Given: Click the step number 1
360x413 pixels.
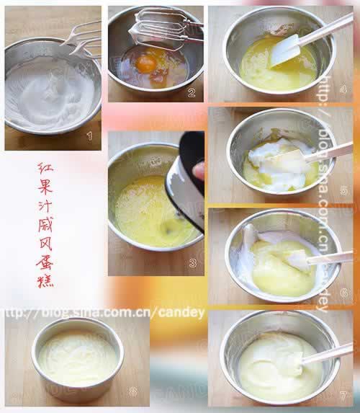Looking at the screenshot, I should point(89,135).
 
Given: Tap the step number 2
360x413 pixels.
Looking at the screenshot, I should point(192,92).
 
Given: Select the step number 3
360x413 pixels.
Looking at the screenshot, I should point(192,263).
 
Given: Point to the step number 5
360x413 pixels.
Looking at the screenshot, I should point(343,190).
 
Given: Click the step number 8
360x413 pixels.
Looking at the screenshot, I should point(132,391).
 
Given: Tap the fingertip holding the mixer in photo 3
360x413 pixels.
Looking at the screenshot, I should point(198,171).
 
